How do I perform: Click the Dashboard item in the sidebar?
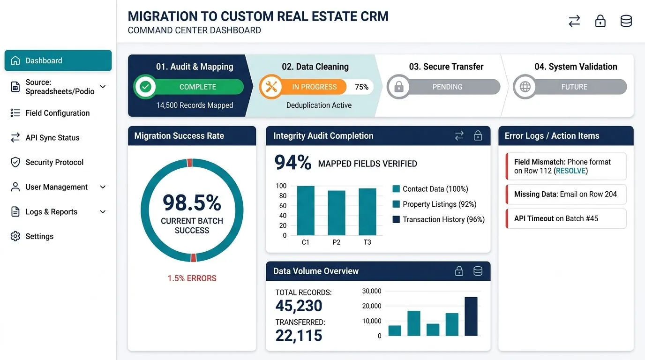coord(58,60)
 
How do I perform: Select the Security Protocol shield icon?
coord(15,162)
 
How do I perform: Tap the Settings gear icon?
coord(15,236)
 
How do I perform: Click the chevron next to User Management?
coord(103,187)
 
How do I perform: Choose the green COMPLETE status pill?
coord(189,87)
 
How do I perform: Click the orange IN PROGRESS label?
coord(314,87)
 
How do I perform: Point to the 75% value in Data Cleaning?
coord(362,87)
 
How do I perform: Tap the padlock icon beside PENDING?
coord(398,86)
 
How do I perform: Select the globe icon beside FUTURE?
coord(525,86)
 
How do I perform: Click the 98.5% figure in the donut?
coord(192,202)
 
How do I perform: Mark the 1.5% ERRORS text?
coord(192,278)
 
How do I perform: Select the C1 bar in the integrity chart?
coord(306,210)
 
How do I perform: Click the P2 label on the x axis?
coord(336,242)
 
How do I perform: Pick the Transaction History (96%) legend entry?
coord(439,219)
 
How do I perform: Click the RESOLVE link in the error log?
coord(571,171)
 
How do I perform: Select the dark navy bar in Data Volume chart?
coord(471,316)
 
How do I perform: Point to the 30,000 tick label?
coord(371,291)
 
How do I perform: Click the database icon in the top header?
coord(626,21)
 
